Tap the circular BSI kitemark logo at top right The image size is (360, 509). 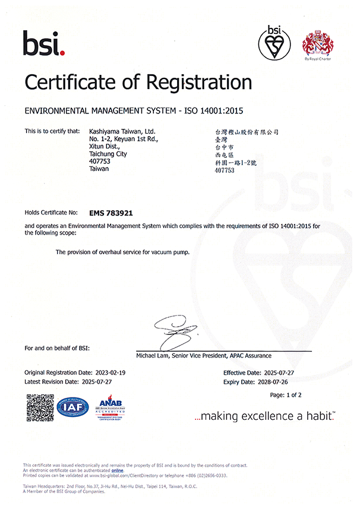pyautogui.click(x=274, y=42)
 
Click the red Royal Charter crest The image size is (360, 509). pyautogui.click(x=318, y=43)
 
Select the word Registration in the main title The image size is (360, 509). pyautogui.click(x=189, y=81)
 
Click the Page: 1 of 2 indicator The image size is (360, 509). pyautogui.click(x=286, y=395)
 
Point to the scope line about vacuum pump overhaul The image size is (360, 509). pyautogui.click(x=122, y=252)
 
